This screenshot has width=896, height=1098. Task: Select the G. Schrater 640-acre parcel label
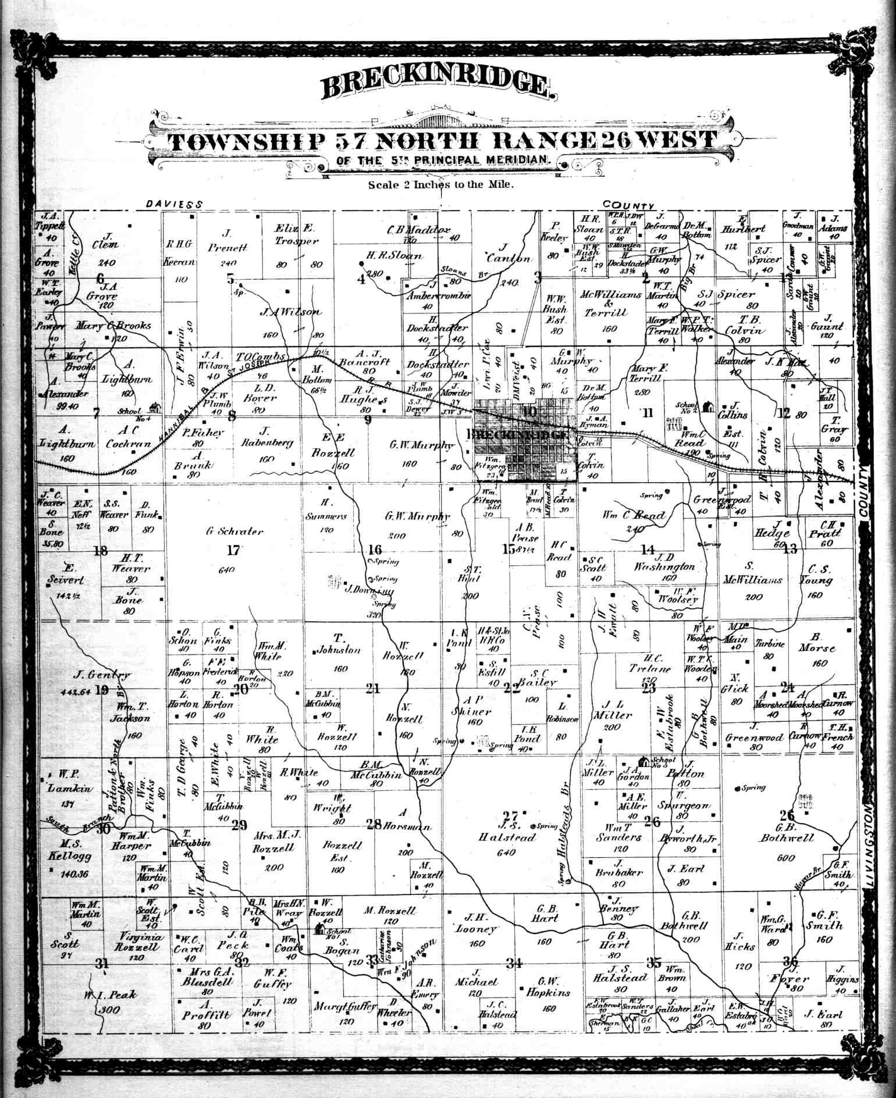234,531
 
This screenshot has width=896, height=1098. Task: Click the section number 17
233,550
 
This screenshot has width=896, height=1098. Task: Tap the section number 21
372,689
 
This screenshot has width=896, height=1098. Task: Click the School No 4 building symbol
155,408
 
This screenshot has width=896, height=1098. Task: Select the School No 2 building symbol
708,407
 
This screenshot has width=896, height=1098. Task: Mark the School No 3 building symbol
643,761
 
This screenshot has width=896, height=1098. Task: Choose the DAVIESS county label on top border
174,204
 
